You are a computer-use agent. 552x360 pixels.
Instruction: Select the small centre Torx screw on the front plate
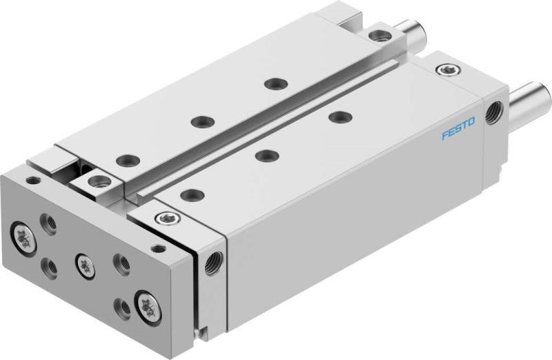[x=83, y=261]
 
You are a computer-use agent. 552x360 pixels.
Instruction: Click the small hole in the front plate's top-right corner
[x=159, y=247]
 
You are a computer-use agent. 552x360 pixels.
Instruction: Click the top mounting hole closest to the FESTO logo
[x=337, y=117]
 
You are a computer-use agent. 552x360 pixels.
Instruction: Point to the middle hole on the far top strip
[x=201, y=121]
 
